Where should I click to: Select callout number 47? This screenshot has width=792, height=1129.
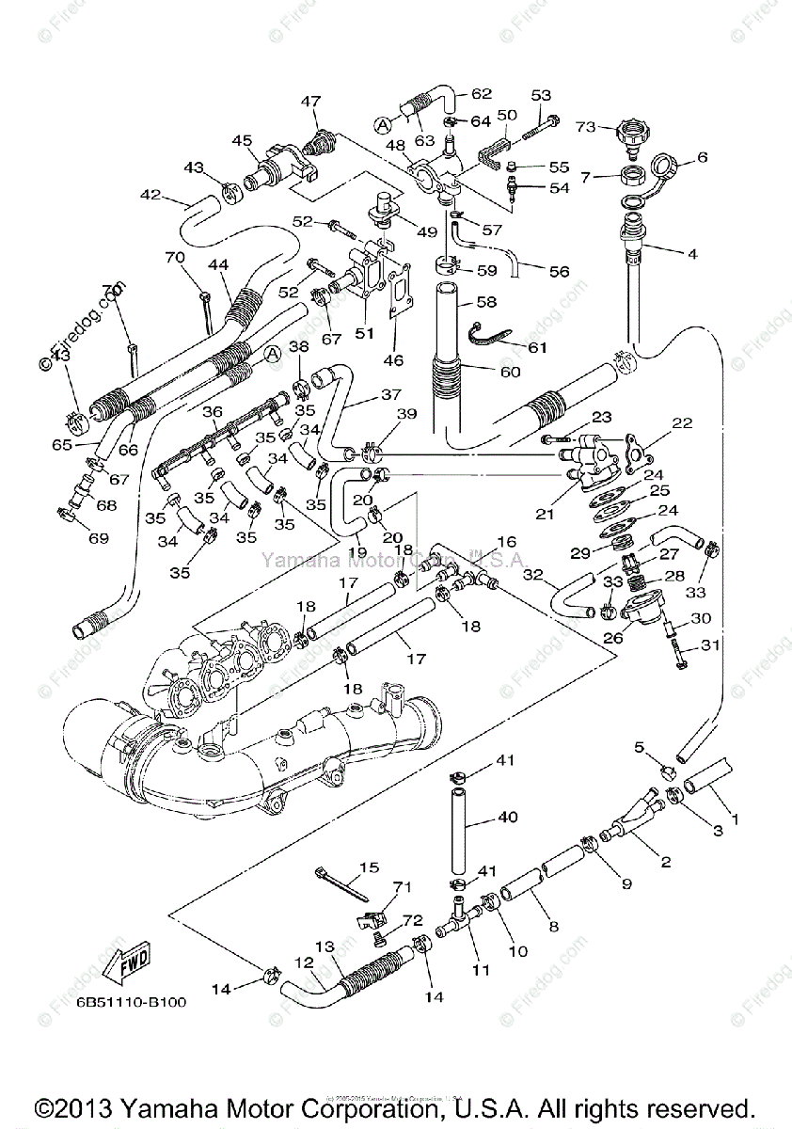coord(310,101)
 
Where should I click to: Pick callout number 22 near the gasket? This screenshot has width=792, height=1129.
coord(682,422)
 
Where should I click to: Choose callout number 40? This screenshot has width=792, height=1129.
coord(508,818)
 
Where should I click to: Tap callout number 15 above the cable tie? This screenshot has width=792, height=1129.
coord(369,867)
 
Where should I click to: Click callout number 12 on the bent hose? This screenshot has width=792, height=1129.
coord(304,962)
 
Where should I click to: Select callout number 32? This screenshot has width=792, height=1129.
coord(533,574)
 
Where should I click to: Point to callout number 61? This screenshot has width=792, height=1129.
coord(536,347)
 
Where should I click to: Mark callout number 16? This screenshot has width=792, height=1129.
coord(507,542)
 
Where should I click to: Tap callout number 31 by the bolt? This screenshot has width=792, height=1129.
coord(709,645)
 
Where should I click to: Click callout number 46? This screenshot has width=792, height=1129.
coord(393,359)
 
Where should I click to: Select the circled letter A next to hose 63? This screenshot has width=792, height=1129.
coord(382,123)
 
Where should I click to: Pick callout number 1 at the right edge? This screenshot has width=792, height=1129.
coord(735,819)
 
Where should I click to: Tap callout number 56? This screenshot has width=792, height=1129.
coord(560,271)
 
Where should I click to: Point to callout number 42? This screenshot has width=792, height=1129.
coord(150,195)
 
